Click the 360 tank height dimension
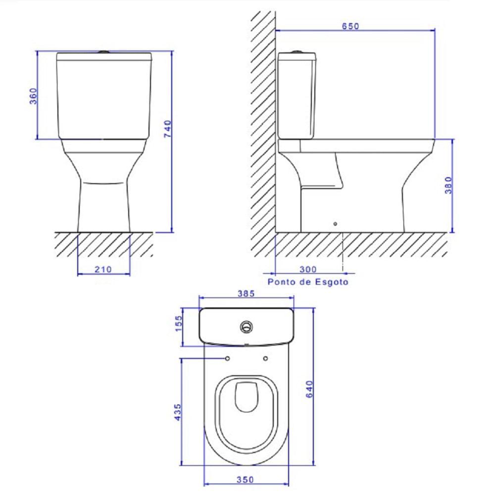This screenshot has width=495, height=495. [33, 96]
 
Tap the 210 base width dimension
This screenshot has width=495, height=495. [103, 269]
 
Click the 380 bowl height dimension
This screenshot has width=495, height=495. [448, 185]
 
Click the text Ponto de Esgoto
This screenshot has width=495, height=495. [307, 282]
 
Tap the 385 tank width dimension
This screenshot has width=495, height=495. [246, 294]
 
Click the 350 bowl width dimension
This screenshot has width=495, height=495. [245, 479]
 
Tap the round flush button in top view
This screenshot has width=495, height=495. [246, 326]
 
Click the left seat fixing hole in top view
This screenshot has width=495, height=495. [227, 358]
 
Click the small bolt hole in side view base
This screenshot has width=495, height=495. [336, 224]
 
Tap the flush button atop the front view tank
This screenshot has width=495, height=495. [103, 51]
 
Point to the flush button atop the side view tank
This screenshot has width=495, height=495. [297, 51]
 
